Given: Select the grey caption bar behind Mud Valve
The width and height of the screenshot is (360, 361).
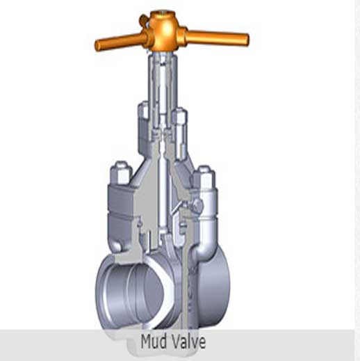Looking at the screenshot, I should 69,342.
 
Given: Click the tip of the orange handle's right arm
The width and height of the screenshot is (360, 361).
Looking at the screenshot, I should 244,37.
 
